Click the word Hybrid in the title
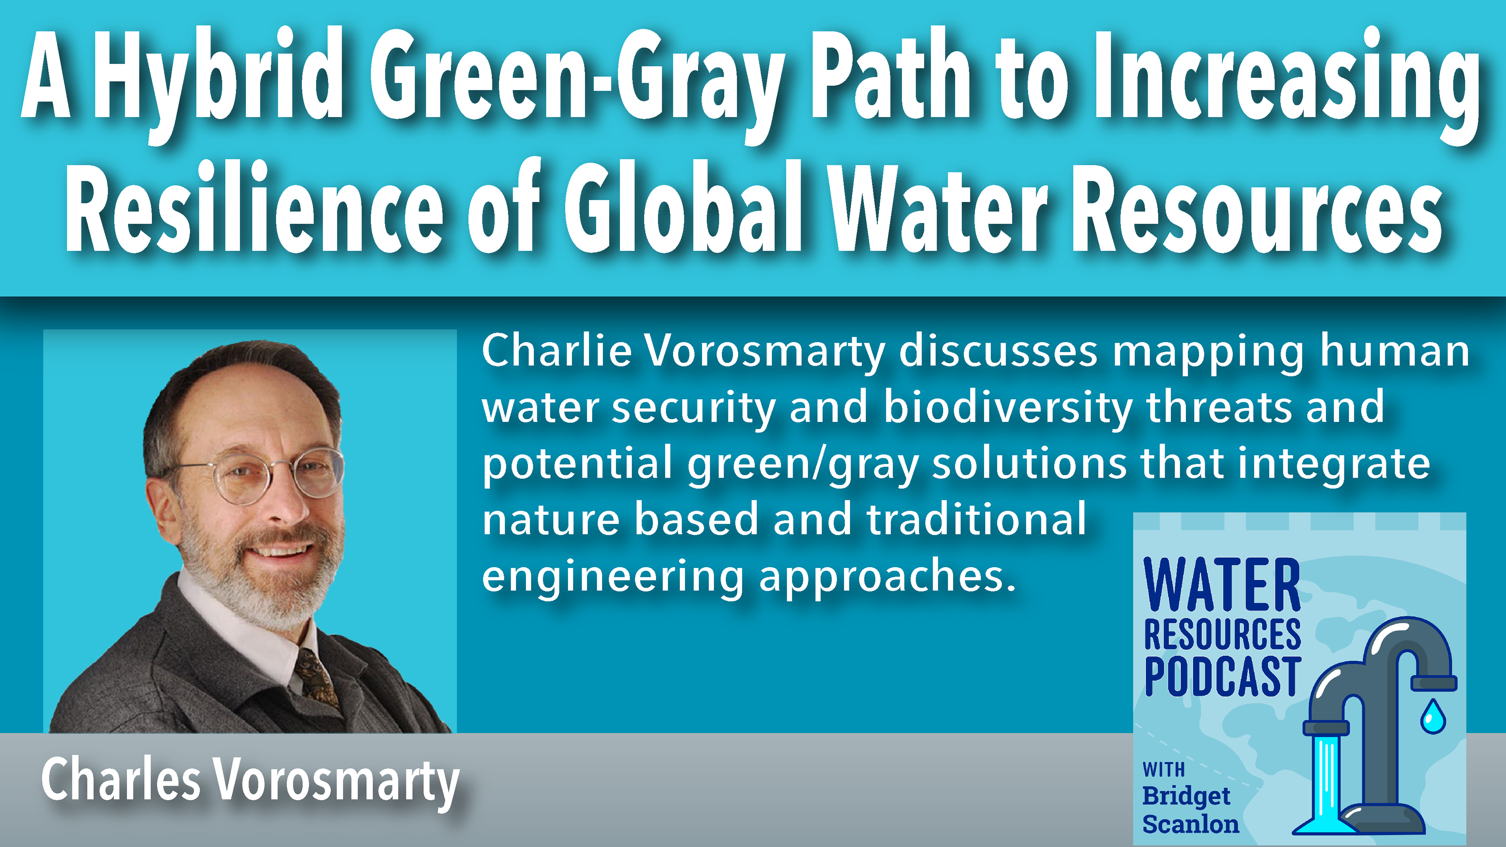(x=216, y=82)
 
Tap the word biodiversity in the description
(x=1008, y=407)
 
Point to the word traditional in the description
(x=976, y=519)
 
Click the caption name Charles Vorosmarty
(x=250, y=781)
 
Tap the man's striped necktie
(x=316, y=679)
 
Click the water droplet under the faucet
(x=1433, y=717)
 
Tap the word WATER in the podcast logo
(x=1222, y=584)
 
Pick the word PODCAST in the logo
(x=1222, y=677)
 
